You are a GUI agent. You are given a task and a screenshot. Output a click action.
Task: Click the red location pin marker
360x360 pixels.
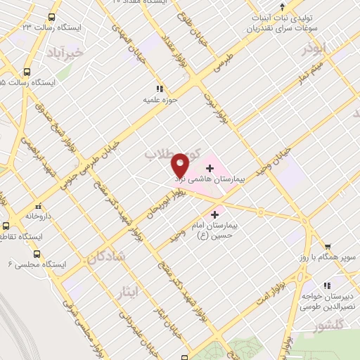[x=181, y=165]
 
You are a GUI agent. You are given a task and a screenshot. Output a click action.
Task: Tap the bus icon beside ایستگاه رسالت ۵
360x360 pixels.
[x=27, y=72]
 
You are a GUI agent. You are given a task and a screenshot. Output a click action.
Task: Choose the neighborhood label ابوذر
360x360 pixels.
[x=314, y=50]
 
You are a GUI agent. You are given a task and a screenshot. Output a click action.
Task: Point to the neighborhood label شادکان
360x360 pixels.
[x=106, y=257]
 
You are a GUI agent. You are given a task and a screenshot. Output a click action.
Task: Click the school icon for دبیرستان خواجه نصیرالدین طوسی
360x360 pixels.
[x=326, y=285]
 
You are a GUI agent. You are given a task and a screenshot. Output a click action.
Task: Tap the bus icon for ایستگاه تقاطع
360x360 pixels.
[x=6, y=226]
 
